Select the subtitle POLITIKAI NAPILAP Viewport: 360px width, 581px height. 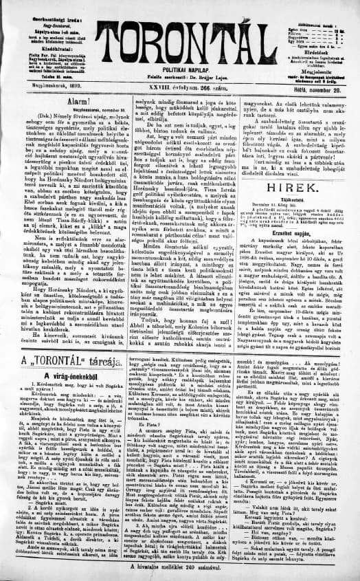pos(179,72)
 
